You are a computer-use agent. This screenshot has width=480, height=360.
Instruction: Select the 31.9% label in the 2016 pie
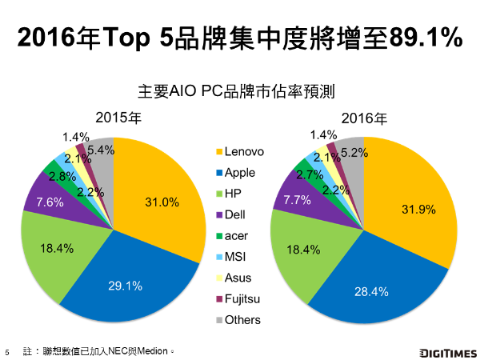[416, 210]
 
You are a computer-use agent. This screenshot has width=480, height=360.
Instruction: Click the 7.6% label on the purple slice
[50, 202]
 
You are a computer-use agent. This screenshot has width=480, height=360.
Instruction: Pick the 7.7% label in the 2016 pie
[298, 202]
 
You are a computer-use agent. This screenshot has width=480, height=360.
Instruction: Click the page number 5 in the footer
[7, 351]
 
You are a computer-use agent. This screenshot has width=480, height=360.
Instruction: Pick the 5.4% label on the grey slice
[100, 149]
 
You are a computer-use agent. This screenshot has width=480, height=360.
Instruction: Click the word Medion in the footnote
[154, 350]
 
